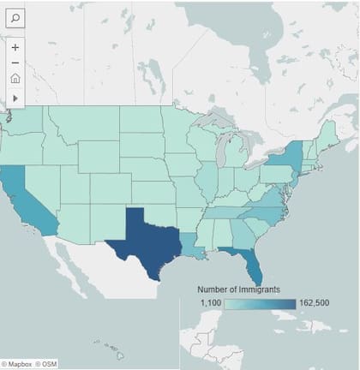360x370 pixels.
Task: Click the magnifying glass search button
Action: click(x=15, y=16)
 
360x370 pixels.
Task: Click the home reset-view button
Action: click(x=15, y=79)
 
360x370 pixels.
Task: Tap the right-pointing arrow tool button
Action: click(x=15, y=98)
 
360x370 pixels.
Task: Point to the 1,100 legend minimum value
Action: click(x=211, y=303)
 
